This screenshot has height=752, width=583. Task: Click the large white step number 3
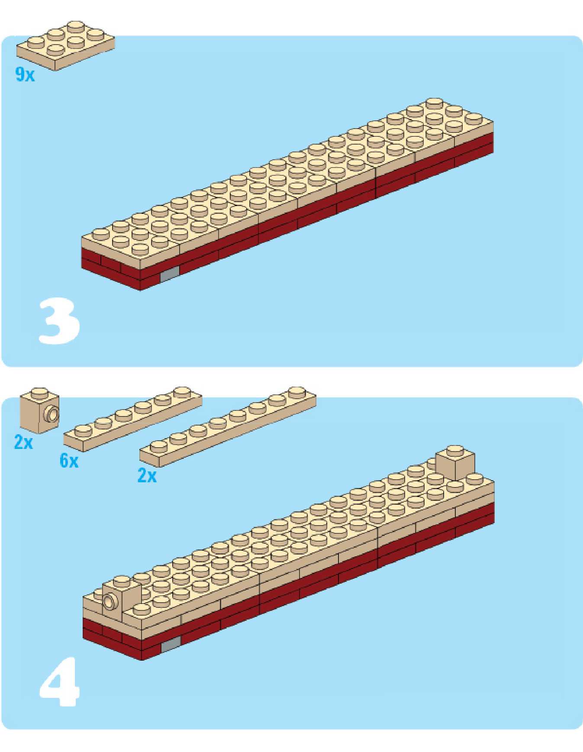59,321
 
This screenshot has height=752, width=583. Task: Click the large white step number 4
59,681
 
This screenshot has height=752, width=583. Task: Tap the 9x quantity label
25,74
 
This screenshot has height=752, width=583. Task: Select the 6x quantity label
69,461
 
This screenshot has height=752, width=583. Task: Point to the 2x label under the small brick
23,442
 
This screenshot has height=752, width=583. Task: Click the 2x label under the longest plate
147,475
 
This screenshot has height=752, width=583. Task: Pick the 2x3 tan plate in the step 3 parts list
66,45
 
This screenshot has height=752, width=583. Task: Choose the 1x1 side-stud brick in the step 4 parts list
40,410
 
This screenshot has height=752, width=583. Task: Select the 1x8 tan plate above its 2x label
228,426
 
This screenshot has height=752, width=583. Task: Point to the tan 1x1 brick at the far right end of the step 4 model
455,463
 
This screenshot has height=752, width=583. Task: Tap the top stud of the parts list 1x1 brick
40,392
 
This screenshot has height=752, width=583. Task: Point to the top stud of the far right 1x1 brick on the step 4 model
455,449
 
